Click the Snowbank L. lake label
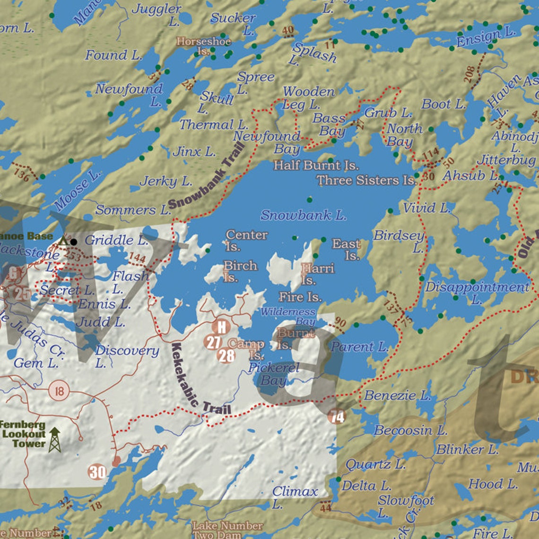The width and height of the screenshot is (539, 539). coord(303,216)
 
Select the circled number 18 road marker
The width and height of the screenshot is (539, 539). coord(59,391)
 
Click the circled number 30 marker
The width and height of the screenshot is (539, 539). coord(97,472)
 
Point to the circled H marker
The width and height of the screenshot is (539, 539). coord(221,326)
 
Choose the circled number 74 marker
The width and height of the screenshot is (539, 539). coord(336,417)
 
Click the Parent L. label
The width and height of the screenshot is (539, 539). coord(359,347)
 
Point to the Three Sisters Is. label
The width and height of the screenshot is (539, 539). coord(366,180)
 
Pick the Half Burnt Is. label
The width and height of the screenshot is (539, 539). coord(316,165)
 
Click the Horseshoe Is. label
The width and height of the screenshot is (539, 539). coord(204,46)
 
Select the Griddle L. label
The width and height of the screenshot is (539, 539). coord(116,240)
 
